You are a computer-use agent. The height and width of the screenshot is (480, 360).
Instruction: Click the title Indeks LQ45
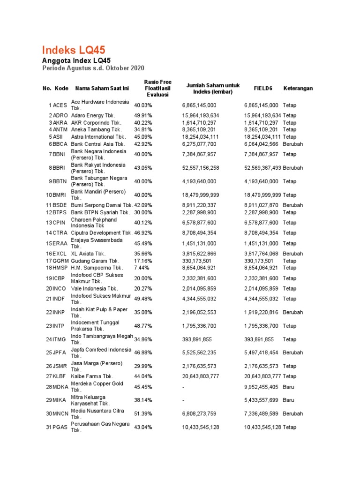74,50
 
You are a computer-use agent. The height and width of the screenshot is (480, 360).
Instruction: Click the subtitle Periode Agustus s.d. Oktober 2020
93,68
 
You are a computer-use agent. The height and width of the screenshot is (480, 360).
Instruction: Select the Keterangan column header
298,88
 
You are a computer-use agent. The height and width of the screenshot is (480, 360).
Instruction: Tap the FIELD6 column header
263,88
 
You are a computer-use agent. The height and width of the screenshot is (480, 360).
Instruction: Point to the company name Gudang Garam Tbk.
95,261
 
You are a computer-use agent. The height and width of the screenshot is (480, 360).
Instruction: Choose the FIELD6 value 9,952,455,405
262,387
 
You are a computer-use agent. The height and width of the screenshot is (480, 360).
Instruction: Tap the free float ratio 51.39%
143,414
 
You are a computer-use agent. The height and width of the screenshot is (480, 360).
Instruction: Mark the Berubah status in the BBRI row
293,168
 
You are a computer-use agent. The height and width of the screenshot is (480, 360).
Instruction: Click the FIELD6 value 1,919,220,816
262,312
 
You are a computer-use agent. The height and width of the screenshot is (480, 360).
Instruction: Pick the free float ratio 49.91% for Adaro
143,115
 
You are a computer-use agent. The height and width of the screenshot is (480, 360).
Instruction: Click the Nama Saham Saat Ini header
102,88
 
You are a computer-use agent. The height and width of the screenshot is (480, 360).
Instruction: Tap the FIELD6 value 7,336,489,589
262,414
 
